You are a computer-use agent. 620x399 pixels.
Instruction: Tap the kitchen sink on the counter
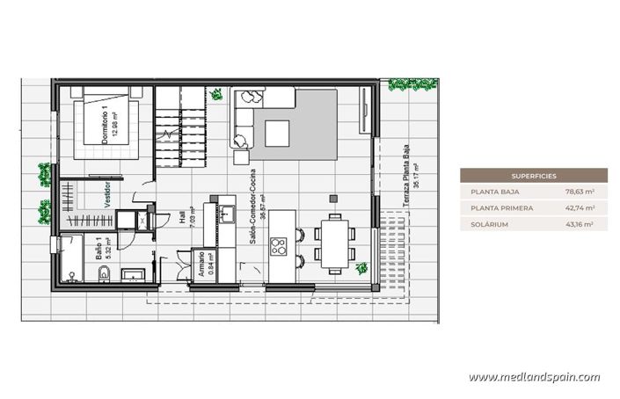click(226, 214)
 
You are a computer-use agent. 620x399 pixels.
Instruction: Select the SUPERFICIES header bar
click(533, 176)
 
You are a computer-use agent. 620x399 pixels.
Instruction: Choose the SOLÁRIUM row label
click(488, 225)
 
